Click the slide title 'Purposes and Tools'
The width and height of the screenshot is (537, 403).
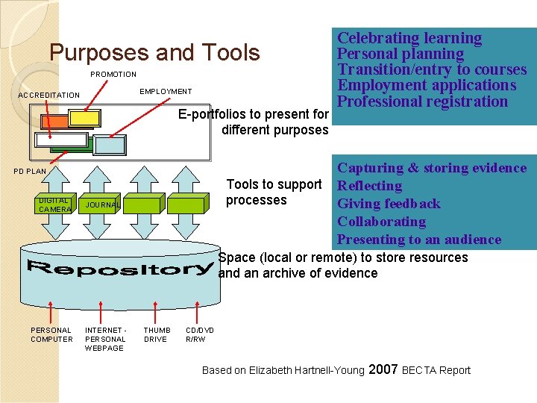(154, 53)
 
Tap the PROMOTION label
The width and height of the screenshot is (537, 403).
(113, 75)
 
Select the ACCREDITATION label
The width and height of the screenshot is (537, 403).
(48, 96)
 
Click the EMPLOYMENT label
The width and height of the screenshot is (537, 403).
(166, 92)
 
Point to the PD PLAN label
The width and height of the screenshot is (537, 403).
(30, 172)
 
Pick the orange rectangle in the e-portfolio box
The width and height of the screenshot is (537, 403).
(54, 122)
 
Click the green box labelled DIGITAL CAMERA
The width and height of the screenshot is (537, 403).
(54, 204)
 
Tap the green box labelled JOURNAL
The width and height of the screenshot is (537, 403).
(102, 204)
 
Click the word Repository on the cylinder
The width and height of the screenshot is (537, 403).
(119, 268)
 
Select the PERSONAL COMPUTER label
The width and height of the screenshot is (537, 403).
(51, 334)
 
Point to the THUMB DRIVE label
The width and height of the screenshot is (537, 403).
(157, 334)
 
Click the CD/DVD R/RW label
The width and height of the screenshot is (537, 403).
(199, 334)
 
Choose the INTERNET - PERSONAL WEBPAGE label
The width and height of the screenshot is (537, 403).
(105, 339)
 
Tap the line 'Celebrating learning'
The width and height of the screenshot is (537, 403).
(409, 38)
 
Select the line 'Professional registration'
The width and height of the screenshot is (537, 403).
(422, 101)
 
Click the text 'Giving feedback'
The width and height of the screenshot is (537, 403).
(389, 204)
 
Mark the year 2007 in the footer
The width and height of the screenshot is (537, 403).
(383, 369)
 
